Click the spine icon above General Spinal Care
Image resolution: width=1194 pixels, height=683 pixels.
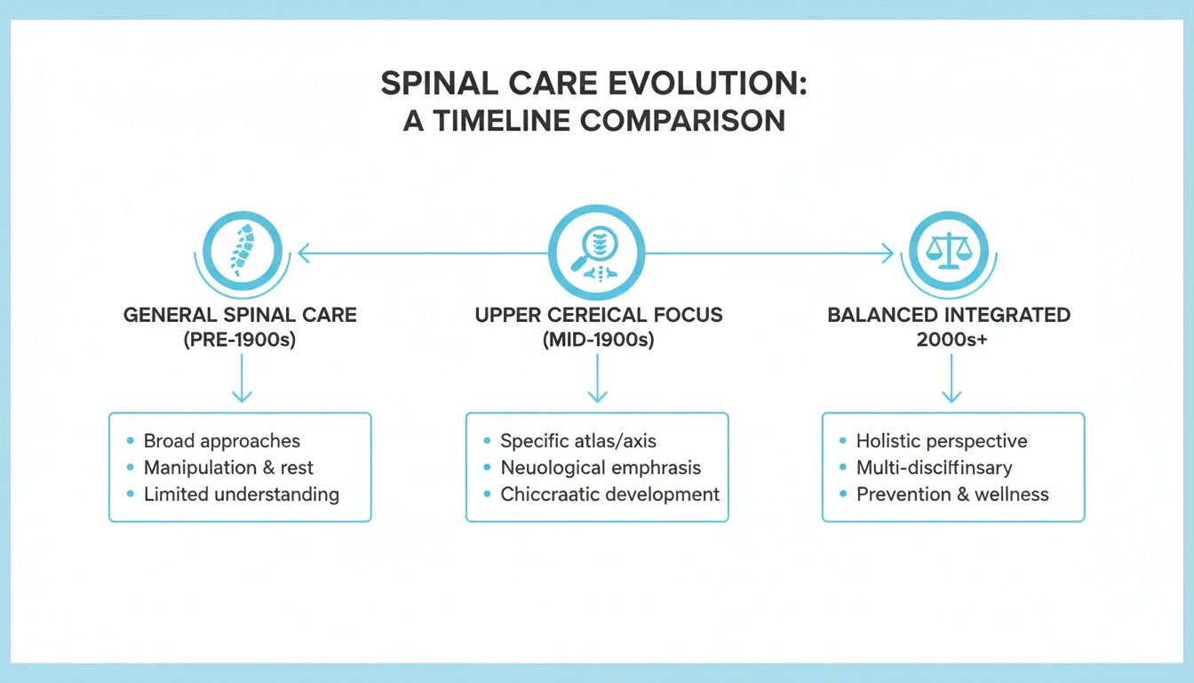[241, 252]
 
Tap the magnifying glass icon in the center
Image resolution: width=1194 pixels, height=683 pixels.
[596, 252]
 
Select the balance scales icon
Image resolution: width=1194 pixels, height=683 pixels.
[950, 252]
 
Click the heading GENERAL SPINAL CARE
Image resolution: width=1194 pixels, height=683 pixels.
[240, 316]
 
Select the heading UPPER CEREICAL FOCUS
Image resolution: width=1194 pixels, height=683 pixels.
[598, 316]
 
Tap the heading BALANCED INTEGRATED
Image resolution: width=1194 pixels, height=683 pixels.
[949, 316]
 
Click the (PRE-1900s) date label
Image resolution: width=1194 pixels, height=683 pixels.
[240, 341]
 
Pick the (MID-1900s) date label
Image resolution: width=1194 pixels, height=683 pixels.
[597, 341]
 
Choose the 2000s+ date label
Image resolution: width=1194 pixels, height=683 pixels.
[949, 341]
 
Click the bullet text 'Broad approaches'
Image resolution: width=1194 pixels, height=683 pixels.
[222, 441]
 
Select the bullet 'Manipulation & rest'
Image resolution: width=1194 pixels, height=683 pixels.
[228, 468]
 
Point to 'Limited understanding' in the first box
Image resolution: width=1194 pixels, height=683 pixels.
[241, 494]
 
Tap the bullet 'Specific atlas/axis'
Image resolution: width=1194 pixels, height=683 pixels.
[578, 441]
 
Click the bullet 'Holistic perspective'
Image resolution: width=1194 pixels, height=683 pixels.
[942, 441]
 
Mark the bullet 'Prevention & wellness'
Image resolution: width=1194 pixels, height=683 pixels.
[952, 494]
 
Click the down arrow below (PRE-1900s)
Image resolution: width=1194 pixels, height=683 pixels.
[241, 384]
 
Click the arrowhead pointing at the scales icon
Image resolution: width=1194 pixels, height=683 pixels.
[887, 254]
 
